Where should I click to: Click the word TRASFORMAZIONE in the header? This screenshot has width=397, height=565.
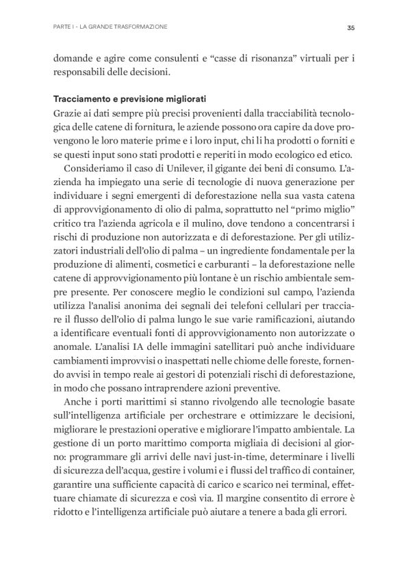(x=136, y=27)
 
